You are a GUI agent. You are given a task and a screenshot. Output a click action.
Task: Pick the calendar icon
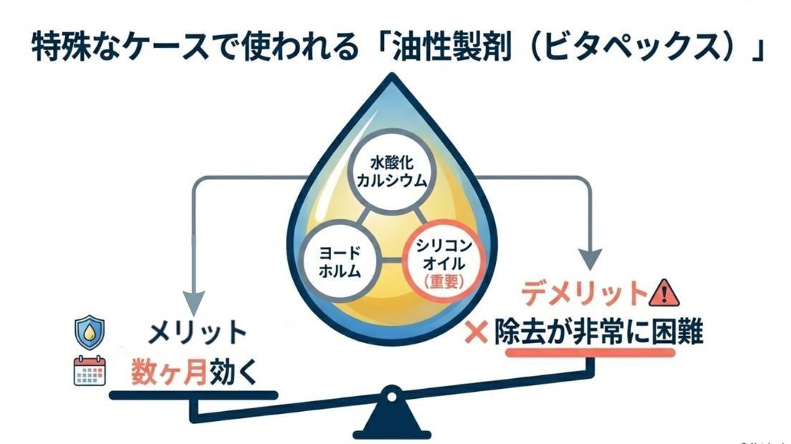click(x=90, y=371)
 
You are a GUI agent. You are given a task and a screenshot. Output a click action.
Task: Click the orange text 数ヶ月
click(x=168, y=372)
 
